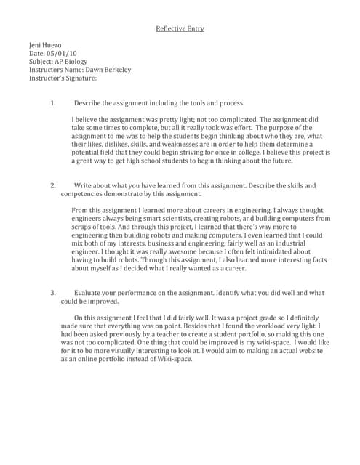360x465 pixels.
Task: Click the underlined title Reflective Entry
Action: [x=180, y=28]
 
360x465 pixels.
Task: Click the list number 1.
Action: [x=52, y=103]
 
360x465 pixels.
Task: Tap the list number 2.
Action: [x=52, y=186]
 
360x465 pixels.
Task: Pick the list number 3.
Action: [x=52, y=293]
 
